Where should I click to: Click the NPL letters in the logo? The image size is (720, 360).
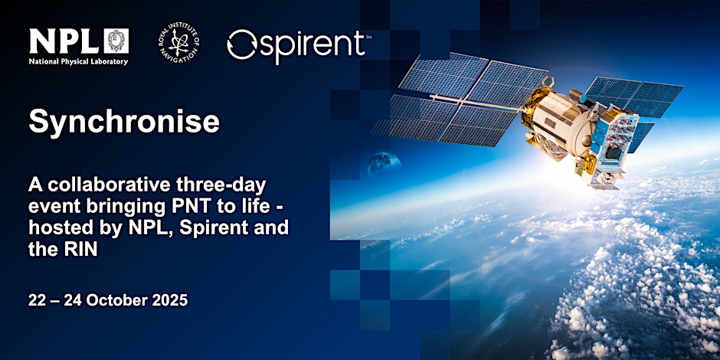(64, 41)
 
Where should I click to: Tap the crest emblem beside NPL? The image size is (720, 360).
(116, 41)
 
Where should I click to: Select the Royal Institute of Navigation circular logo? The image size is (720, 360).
(178, 43)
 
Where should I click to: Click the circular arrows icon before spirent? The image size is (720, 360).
(241, 44)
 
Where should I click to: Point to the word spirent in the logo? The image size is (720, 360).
(313, 45)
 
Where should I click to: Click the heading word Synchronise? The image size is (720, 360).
(124, 123)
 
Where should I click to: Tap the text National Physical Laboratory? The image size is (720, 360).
(79, 62)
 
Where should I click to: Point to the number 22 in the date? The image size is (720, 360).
(36, 300)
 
